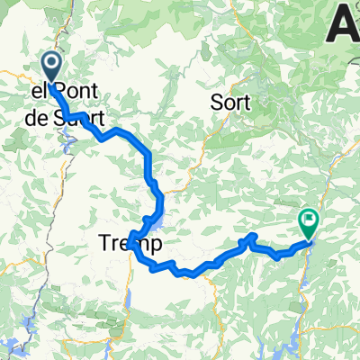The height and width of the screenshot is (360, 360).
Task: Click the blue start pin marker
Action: [50, 65]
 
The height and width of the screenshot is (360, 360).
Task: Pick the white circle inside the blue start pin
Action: [50, 62]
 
